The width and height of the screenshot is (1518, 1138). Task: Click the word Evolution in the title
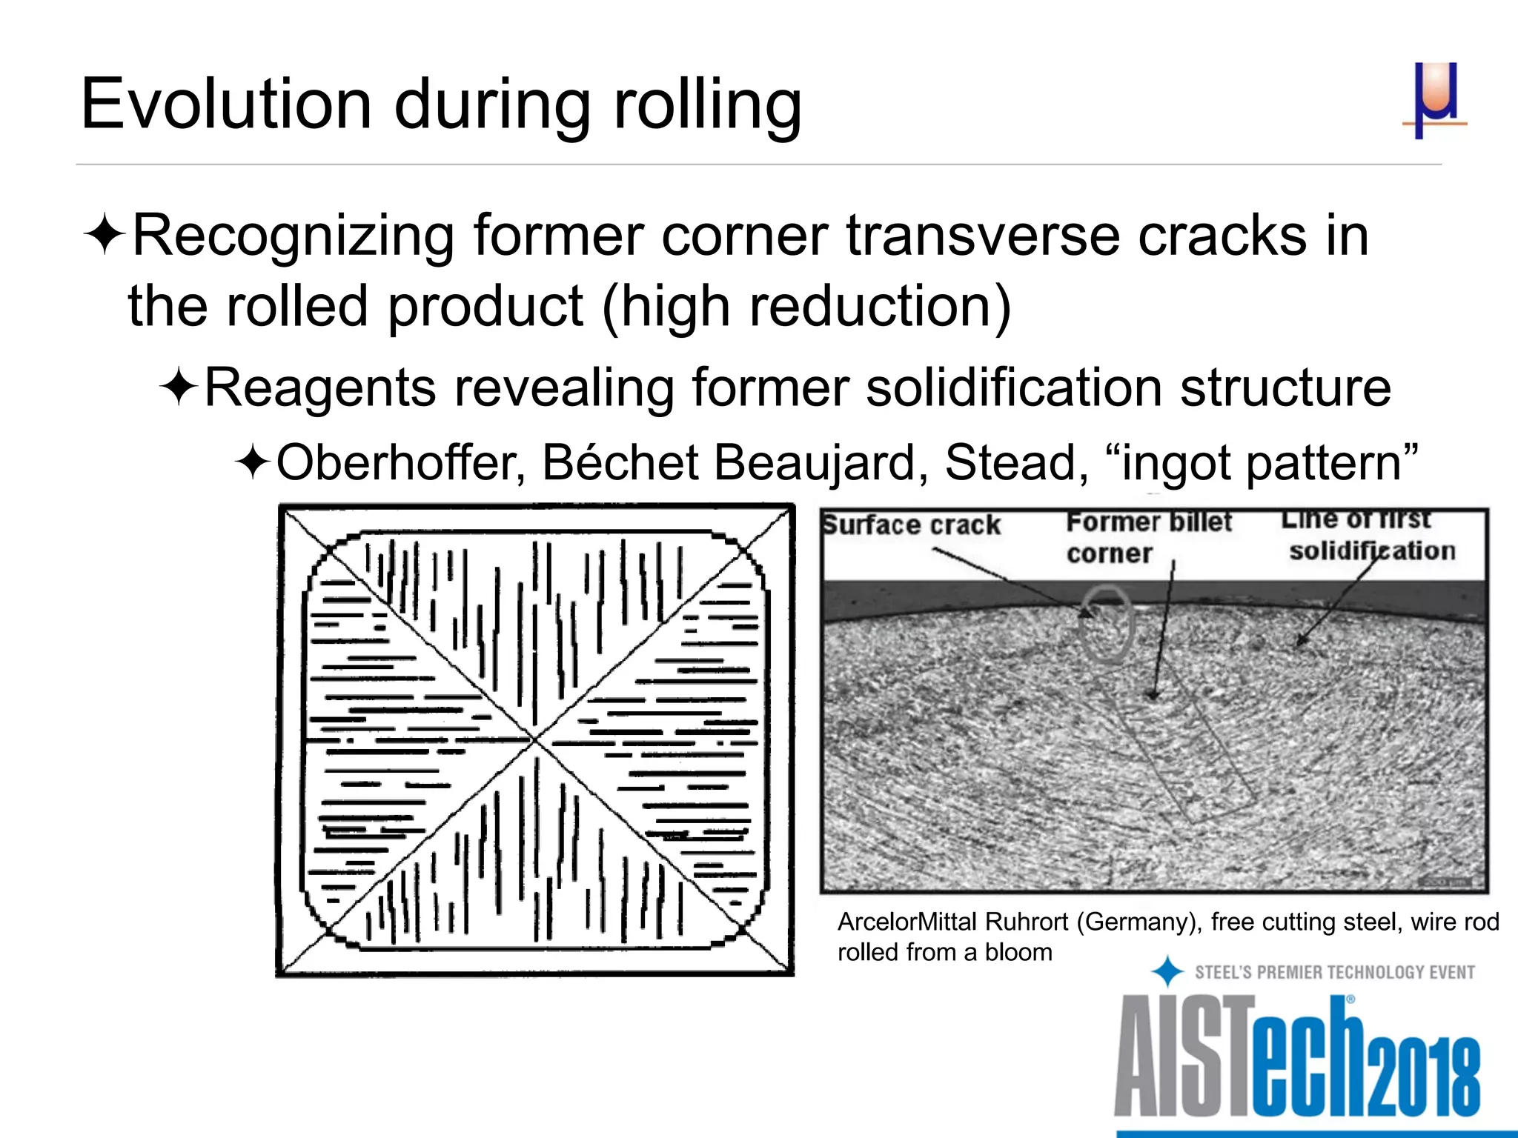(x=225, y=104)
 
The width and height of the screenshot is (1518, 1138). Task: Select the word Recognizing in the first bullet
(x=292, y=236)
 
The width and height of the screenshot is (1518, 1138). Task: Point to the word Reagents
(x=319, y=387)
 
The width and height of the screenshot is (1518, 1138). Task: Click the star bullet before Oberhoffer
(x=253, y=463)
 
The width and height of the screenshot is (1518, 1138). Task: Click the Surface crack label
(x=912, y=525)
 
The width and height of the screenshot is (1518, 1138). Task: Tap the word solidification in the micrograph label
(x=1372, y=551)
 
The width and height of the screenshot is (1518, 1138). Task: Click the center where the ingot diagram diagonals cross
(x=534, y=739)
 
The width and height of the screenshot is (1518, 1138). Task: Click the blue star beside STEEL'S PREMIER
(x=1167, y=971)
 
